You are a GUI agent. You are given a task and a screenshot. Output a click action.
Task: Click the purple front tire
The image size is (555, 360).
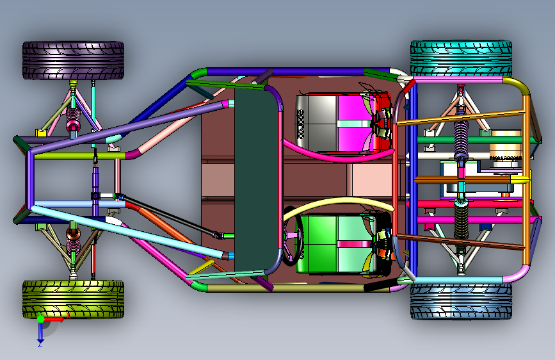pos(73,60)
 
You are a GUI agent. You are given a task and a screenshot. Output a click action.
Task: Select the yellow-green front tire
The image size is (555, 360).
pos(73,299)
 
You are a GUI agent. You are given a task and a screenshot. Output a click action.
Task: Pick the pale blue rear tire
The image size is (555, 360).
pos(460,301)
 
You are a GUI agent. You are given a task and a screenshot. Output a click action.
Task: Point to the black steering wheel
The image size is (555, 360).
pos(290,247)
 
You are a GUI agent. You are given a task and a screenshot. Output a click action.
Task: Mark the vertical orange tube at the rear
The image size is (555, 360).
pos(526,179)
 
